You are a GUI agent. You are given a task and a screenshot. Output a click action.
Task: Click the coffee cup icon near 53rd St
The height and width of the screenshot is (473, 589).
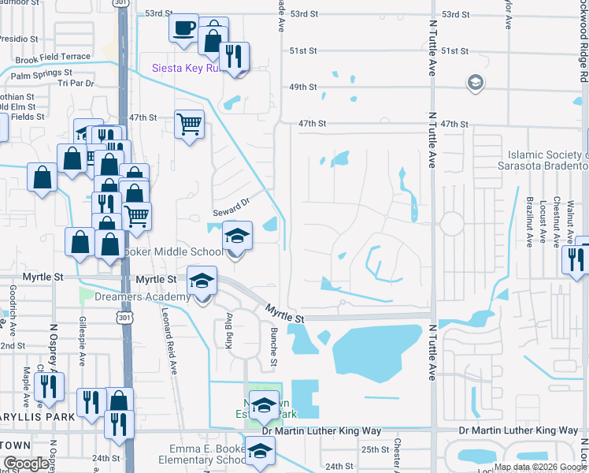[183, 28]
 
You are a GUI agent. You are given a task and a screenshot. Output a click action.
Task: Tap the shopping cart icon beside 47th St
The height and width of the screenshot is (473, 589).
[188, 123]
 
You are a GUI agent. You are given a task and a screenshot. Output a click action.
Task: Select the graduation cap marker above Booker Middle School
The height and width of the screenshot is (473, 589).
[236, 235]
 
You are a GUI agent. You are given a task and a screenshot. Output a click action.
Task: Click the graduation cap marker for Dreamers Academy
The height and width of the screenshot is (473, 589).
[202, 280]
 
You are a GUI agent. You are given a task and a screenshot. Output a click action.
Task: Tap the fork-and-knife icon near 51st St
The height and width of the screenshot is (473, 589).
[234, 56]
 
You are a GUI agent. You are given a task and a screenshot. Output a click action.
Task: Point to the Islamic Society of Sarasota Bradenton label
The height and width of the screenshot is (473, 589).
[549, 160]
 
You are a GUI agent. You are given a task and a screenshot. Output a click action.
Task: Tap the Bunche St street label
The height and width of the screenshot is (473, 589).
[273, 346]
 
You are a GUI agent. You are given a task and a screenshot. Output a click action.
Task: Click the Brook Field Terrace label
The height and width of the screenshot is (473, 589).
[53, 58]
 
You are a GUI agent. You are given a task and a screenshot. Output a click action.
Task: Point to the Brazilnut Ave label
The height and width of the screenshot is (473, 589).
[530, 222]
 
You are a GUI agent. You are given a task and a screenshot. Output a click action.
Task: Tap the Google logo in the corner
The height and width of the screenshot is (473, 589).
[26, 464]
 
